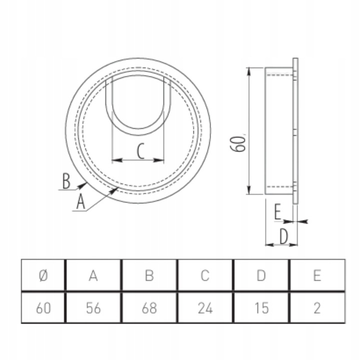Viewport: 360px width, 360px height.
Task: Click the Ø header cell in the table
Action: [x=43, y=275]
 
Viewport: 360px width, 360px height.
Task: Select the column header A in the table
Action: [x=93, y=275]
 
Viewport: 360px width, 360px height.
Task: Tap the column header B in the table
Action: [x=149, y=275]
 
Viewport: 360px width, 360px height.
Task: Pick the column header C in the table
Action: [x=205, y=275]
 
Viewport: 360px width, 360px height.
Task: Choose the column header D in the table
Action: [x=260, y=275]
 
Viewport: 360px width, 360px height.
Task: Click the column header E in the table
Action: [x=316, y=275]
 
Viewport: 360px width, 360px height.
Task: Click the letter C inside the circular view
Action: [x=141, y=151]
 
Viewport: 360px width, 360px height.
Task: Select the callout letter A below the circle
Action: [x=80, y=202]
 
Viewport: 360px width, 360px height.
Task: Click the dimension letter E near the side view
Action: [x=278, y=213]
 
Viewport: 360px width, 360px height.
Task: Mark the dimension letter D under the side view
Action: [x=283, y=236]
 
